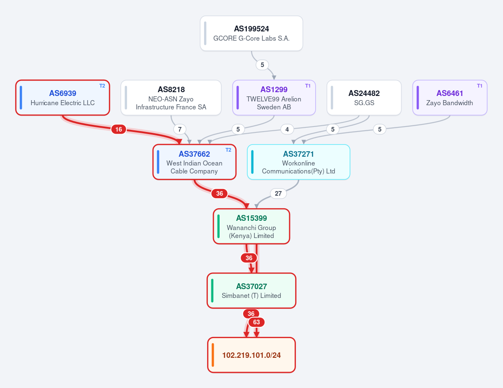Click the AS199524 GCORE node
251,34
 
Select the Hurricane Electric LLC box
62,98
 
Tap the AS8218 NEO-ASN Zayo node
171,98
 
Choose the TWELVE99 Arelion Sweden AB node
274,98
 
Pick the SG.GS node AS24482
364,98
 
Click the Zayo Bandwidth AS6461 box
450,98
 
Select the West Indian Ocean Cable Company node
194,162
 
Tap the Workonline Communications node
298,162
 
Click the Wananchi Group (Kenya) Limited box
251,226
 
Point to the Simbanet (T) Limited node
251,291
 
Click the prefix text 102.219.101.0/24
251,355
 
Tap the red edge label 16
119,129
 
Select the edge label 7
180,129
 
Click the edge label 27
278,194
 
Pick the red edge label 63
257,322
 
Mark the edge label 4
287,129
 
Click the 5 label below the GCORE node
262,65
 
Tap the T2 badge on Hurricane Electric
102,86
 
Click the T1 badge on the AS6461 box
480,86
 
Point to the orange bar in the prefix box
213,355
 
